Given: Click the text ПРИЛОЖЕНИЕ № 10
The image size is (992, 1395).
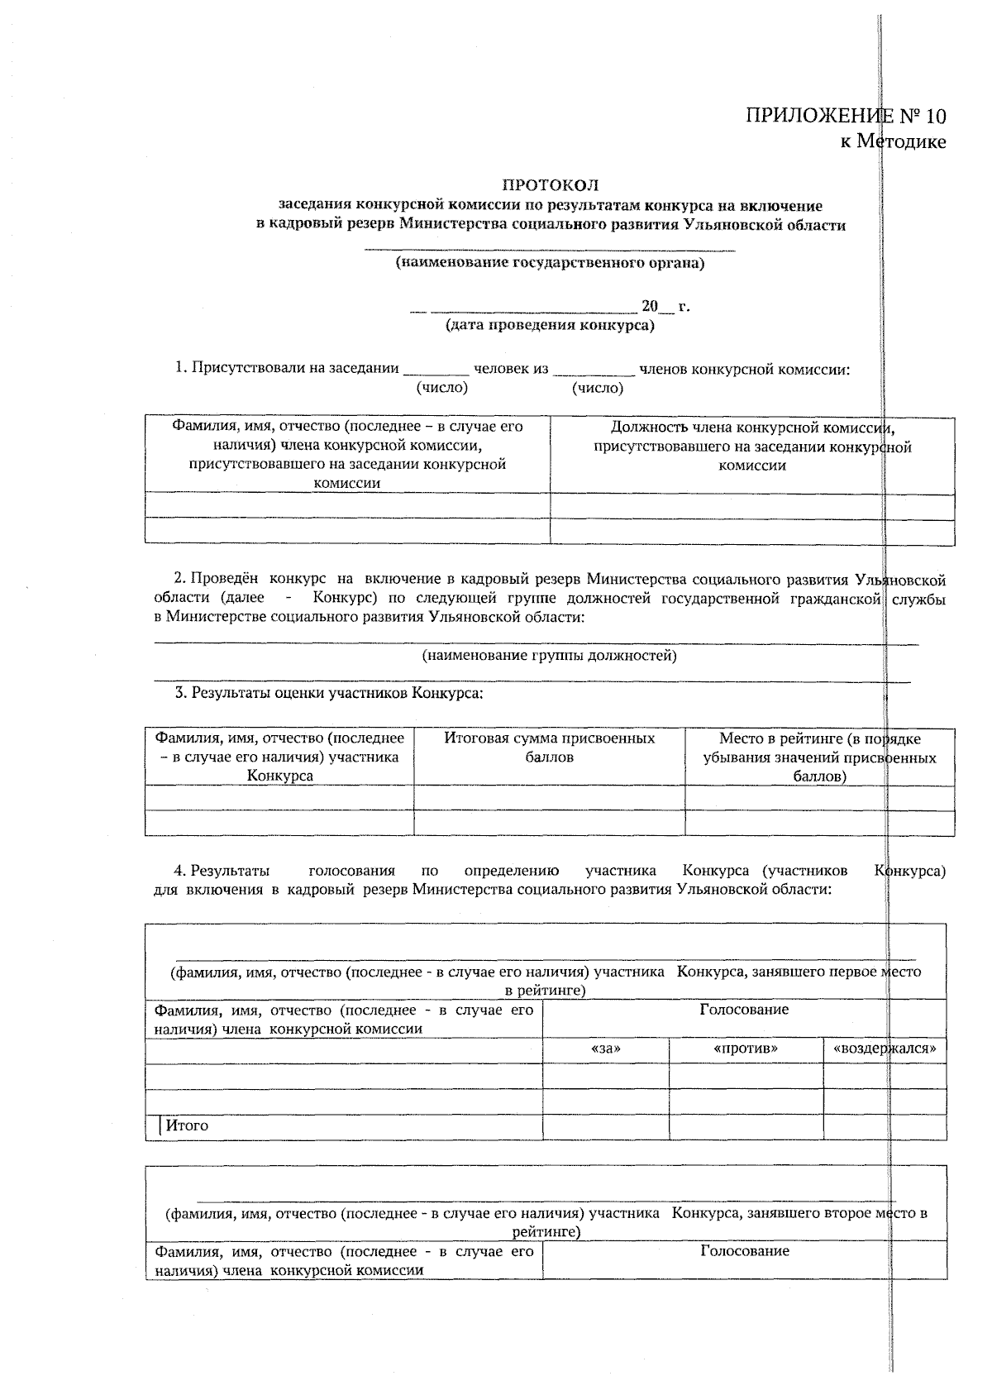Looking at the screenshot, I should point(846,116).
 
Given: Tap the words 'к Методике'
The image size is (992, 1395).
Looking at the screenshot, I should point(893,141).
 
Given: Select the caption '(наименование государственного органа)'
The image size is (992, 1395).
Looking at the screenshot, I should point(550,264).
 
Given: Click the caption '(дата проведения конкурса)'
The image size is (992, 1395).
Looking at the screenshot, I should point(550,325).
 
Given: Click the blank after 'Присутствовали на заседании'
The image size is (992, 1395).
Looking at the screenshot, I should point(436,370).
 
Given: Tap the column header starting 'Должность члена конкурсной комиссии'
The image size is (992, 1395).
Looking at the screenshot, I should point(752,446).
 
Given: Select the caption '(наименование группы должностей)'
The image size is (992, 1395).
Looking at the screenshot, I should point(550,656).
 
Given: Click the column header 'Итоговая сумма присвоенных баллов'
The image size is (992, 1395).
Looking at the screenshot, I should point(550,748).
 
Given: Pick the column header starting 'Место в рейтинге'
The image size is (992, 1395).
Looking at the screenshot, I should point(819,757).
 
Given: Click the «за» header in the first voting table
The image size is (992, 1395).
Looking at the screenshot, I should point(606,1049).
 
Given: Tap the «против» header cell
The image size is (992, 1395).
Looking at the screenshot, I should point(746,1049).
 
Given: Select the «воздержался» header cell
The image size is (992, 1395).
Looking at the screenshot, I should point(885,1049).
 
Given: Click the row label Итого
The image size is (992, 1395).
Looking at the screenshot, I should point(187,1125).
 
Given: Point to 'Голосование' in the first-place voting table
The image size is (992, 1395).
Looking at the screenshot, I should point(744,1009).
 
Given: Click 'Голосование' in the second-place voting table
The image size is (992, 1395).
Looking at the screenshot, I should point(744,1251).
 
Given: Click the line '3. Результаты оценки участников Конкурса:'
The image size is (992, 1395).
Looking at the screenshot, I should point(329,693).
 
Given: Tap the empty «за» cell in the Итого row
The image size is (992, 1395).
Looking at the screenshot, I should point(606,1127).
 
